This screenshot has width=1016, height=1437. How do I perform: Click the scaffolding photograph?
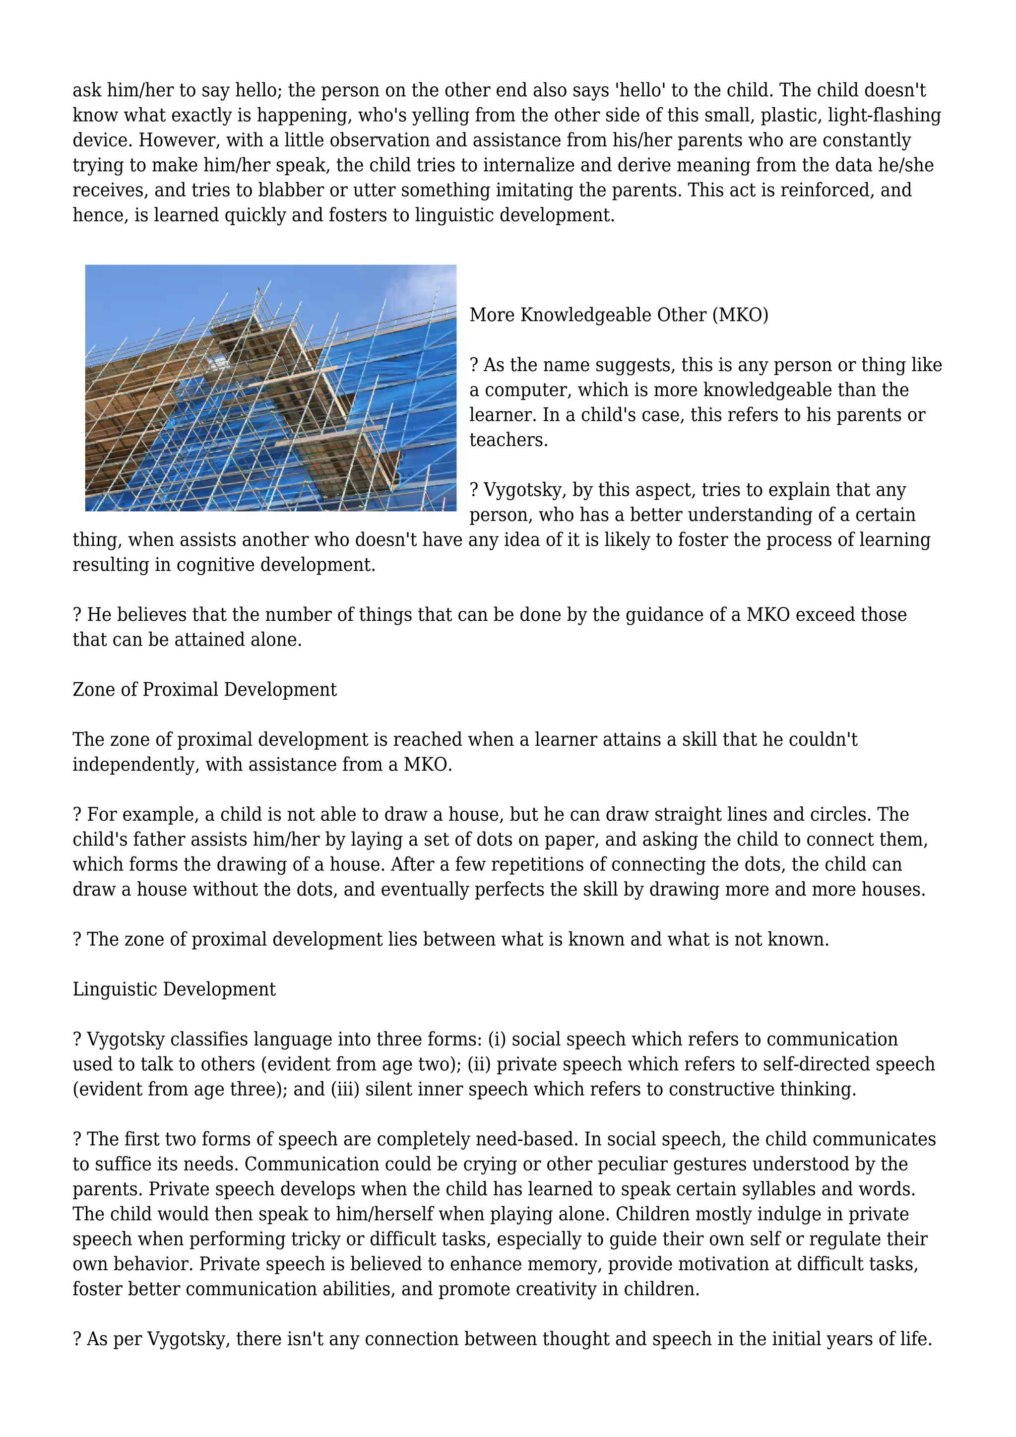tap(270, 388)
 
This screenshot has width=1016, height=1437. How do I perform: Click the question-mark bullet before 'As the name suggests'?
tap(474, 365)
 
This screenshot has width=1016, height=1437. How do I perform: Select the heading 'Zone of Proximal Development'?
tap(204, 690)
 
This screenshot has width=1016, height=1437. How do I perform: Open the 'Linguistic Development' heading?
tap(174, 989)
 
